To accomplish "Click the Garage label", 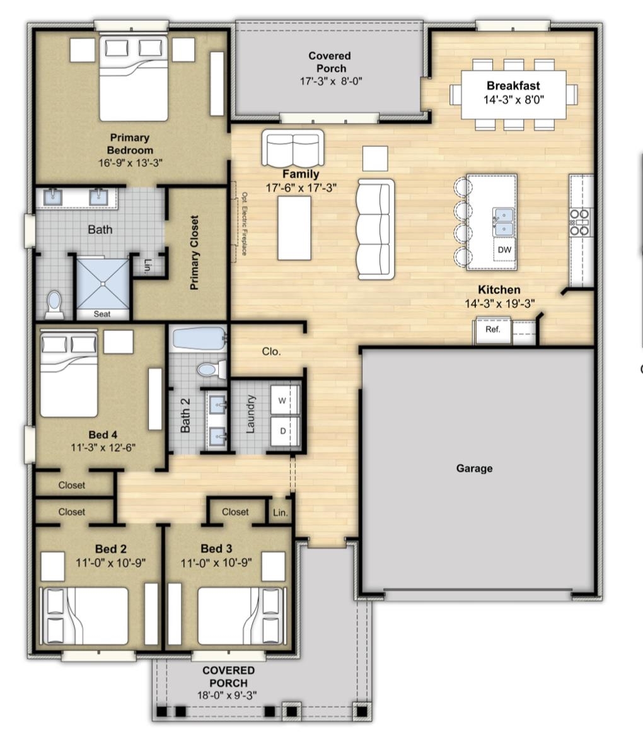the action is (x=474, y=468).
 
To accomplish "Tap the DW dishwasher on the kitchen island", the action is (x=504, y=250).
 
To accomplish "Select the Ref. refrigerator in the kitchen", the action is (x=492, y=330).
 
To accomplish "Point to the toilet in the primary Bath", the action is (x=54, y=305).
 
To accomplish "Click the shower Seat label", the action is (x=101, y=314).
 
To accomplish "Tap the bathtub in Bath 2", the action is (x=199, y=339).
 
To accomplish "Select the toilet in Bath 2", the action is (x=211, y=369).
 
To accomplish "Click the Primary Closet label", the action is (x=194, y=253).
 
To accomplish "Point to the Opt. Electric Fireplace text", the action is (x=245, y=224).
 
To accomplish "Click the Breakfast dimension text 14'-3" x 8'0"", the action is (x=513, y=100).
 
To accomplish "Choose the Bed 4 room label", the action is (x=103, y=435).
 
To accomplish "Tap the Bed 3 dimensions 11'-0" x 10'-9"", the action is (x=216, y=563).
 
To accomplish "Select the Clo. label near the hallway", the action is (x=271, y=351).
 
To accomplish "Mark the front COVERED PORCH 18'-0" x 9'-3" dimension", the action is (x=227, y=695).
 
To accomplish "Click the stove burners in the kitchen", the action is (x=579, y=223).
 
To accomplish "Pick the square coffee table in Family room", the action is (x=375, y=158).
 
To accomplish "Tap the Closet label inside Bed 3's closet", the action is (x=235, y=512).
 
